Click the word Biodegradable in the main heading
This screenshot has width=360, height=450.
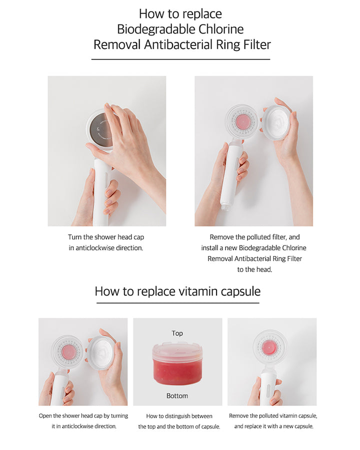tap(156, 29)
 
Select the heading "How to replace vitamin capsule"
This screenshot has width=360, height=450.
tap(177, 291)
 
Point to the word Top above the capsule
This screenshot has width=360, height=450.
tap(177, 333)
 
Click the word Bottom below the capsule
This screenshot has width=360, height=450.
tap(177, 396)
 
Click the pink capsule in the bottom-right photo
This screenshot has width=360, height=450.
tap(269, 348)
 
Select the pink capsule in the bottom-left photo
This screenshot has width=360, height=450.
tap(68, 352)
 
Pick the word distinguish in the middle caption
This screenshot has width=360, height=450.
tap(183, 416)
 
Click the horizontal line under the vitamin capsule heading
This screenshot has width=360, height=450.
tap(177, 303)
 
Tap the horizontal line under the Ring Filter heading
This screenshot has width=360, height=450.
tap(180, 59)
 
